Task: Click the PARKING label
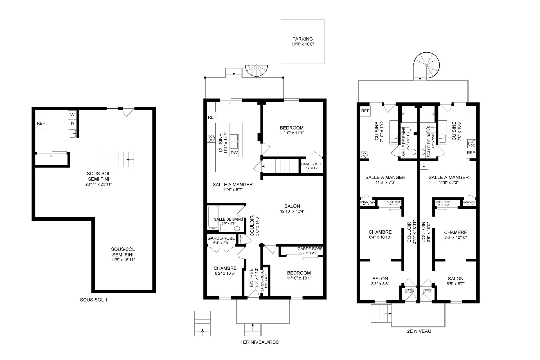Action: pos(302,39)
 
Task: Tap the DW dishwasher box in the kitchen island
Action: pos(234,153)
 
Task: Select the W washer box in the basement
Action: pos(72,115)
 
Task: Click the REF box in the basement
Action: pos(41,123)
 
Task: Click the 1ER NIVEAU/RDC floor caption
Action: pos(260,343)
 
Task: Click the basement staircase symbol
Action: pos(118,160)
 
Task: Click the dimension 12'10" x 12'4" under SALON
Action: pos(292,211)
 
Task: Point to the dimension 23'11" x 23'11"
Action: pos(98,184)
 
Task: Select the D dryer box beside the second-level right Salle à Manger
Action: pos(424,166)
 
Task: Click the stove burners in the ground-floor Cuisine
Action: pos(211,138)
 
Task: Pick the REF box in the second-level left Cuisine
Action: pos(365,111)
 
